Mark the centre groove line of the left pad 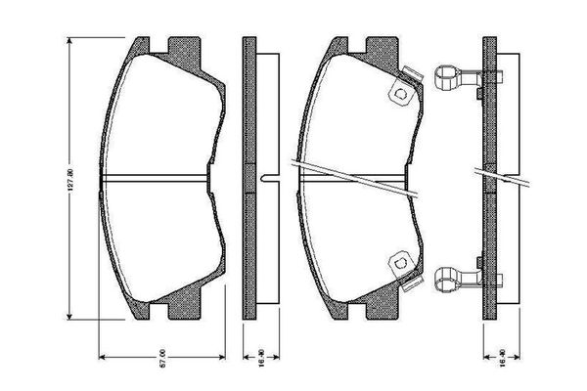point(157,177)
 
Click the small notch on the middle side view point(266,177)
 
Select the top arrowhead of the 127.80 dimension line point(70,42)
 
